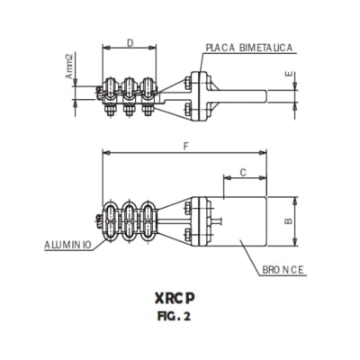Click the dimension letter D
(x=130, y=43)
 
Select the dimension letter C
(x=242, y=171)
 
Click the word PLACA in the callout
(x=221, y=47)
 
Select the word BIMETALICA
(x=267, y=47)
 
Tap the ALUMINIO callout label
(x=69, y=245)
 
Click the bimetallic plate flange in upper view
(x=195, y=94)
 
